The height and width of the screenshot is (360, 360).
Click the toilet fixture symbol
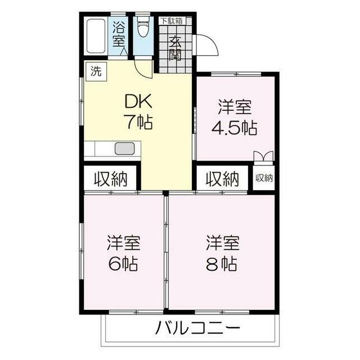point(143,26)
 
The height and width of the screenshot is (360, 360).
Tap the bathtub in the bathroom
point(96,36)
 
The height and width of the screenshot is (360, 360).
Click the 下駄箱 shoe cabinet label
point(172,21)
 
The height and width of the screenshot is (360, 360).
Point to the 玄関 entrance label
point(175,48)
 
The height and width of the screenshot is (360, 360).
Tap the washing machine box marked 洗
point(96,71)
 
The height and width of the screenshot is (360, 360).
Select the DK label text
point(138,101)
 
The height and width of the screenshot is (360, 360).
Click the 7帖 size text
point(138,122)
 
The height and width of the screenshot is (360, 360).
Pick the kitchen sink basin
point(125,148)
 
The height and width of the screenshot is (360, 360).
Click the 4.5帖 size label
point(235,128)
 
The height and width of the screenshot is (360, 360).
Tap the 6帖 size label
point(123,264)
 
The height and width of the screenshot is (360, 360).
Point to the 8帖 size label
point(222,264)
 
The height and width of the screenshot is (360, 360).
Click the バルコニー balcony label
point(197,328)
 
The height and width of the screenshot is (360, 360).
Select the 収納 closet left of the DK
point(110,179)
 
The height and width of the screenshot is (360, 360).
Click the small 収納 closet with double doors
point(264,178)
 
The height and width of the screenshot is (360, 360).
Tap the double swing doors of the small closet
point(264,156)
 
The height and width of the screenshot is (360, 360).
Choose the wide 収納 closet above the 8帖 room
point(222,179)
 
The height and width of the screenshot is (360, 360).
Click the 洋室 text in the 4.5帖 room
point(235,107)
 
